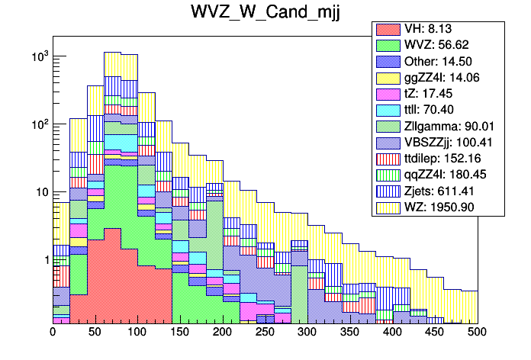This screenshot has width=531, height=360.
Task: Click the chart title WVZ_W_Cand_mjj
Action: (265, 13)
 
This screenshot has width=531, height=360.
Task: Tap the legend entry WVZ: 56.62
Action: (427, 45)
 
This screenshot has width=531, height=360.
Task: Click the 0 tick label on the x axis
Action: (53, 333)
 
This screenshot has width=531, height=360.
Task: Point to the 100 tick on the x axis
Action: (137, 333)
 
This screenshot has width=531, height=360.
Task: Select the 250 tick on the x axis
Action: (265, 333)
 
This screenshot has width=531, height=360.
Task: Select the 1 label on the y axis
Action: (45, 260)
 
